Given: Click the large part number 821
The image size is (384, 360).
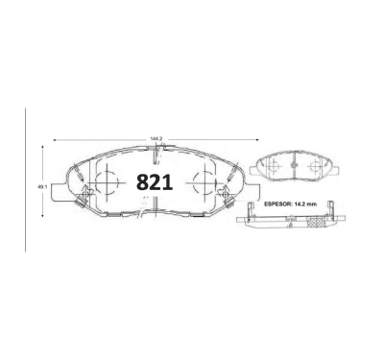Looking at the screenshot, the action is click(155, 182).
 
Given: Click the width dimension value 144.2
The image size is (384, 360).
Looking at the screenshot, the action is click(156, 139).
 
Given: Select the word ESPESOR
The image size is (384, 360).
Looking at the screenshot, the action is click(277, 204).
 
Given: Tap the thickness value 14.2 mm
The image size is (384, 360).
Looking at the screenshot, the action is click(304, 204).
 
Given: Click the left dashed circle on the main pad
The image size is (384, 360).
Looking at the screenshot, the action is click(107, 182).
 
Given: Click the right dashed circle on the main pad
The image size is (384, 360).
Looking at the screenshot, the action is click(206, 182).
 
